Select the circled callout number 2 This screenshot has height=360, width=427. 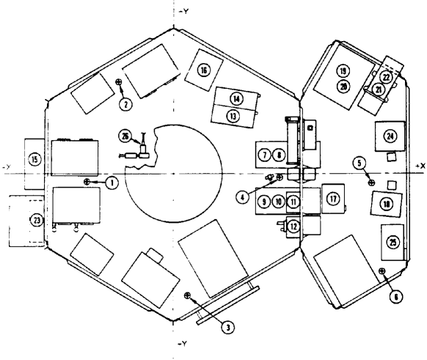(126, 104)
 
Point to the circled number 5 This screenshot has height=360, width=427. (379, 162)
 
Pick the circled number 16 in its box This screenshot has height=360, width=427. (204, 70)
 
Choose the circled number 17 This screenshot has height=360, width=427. (332, 199)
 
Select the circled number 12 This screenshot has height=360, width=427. (293, 227)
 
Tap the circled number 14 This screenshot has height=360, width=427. (236, 98)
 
